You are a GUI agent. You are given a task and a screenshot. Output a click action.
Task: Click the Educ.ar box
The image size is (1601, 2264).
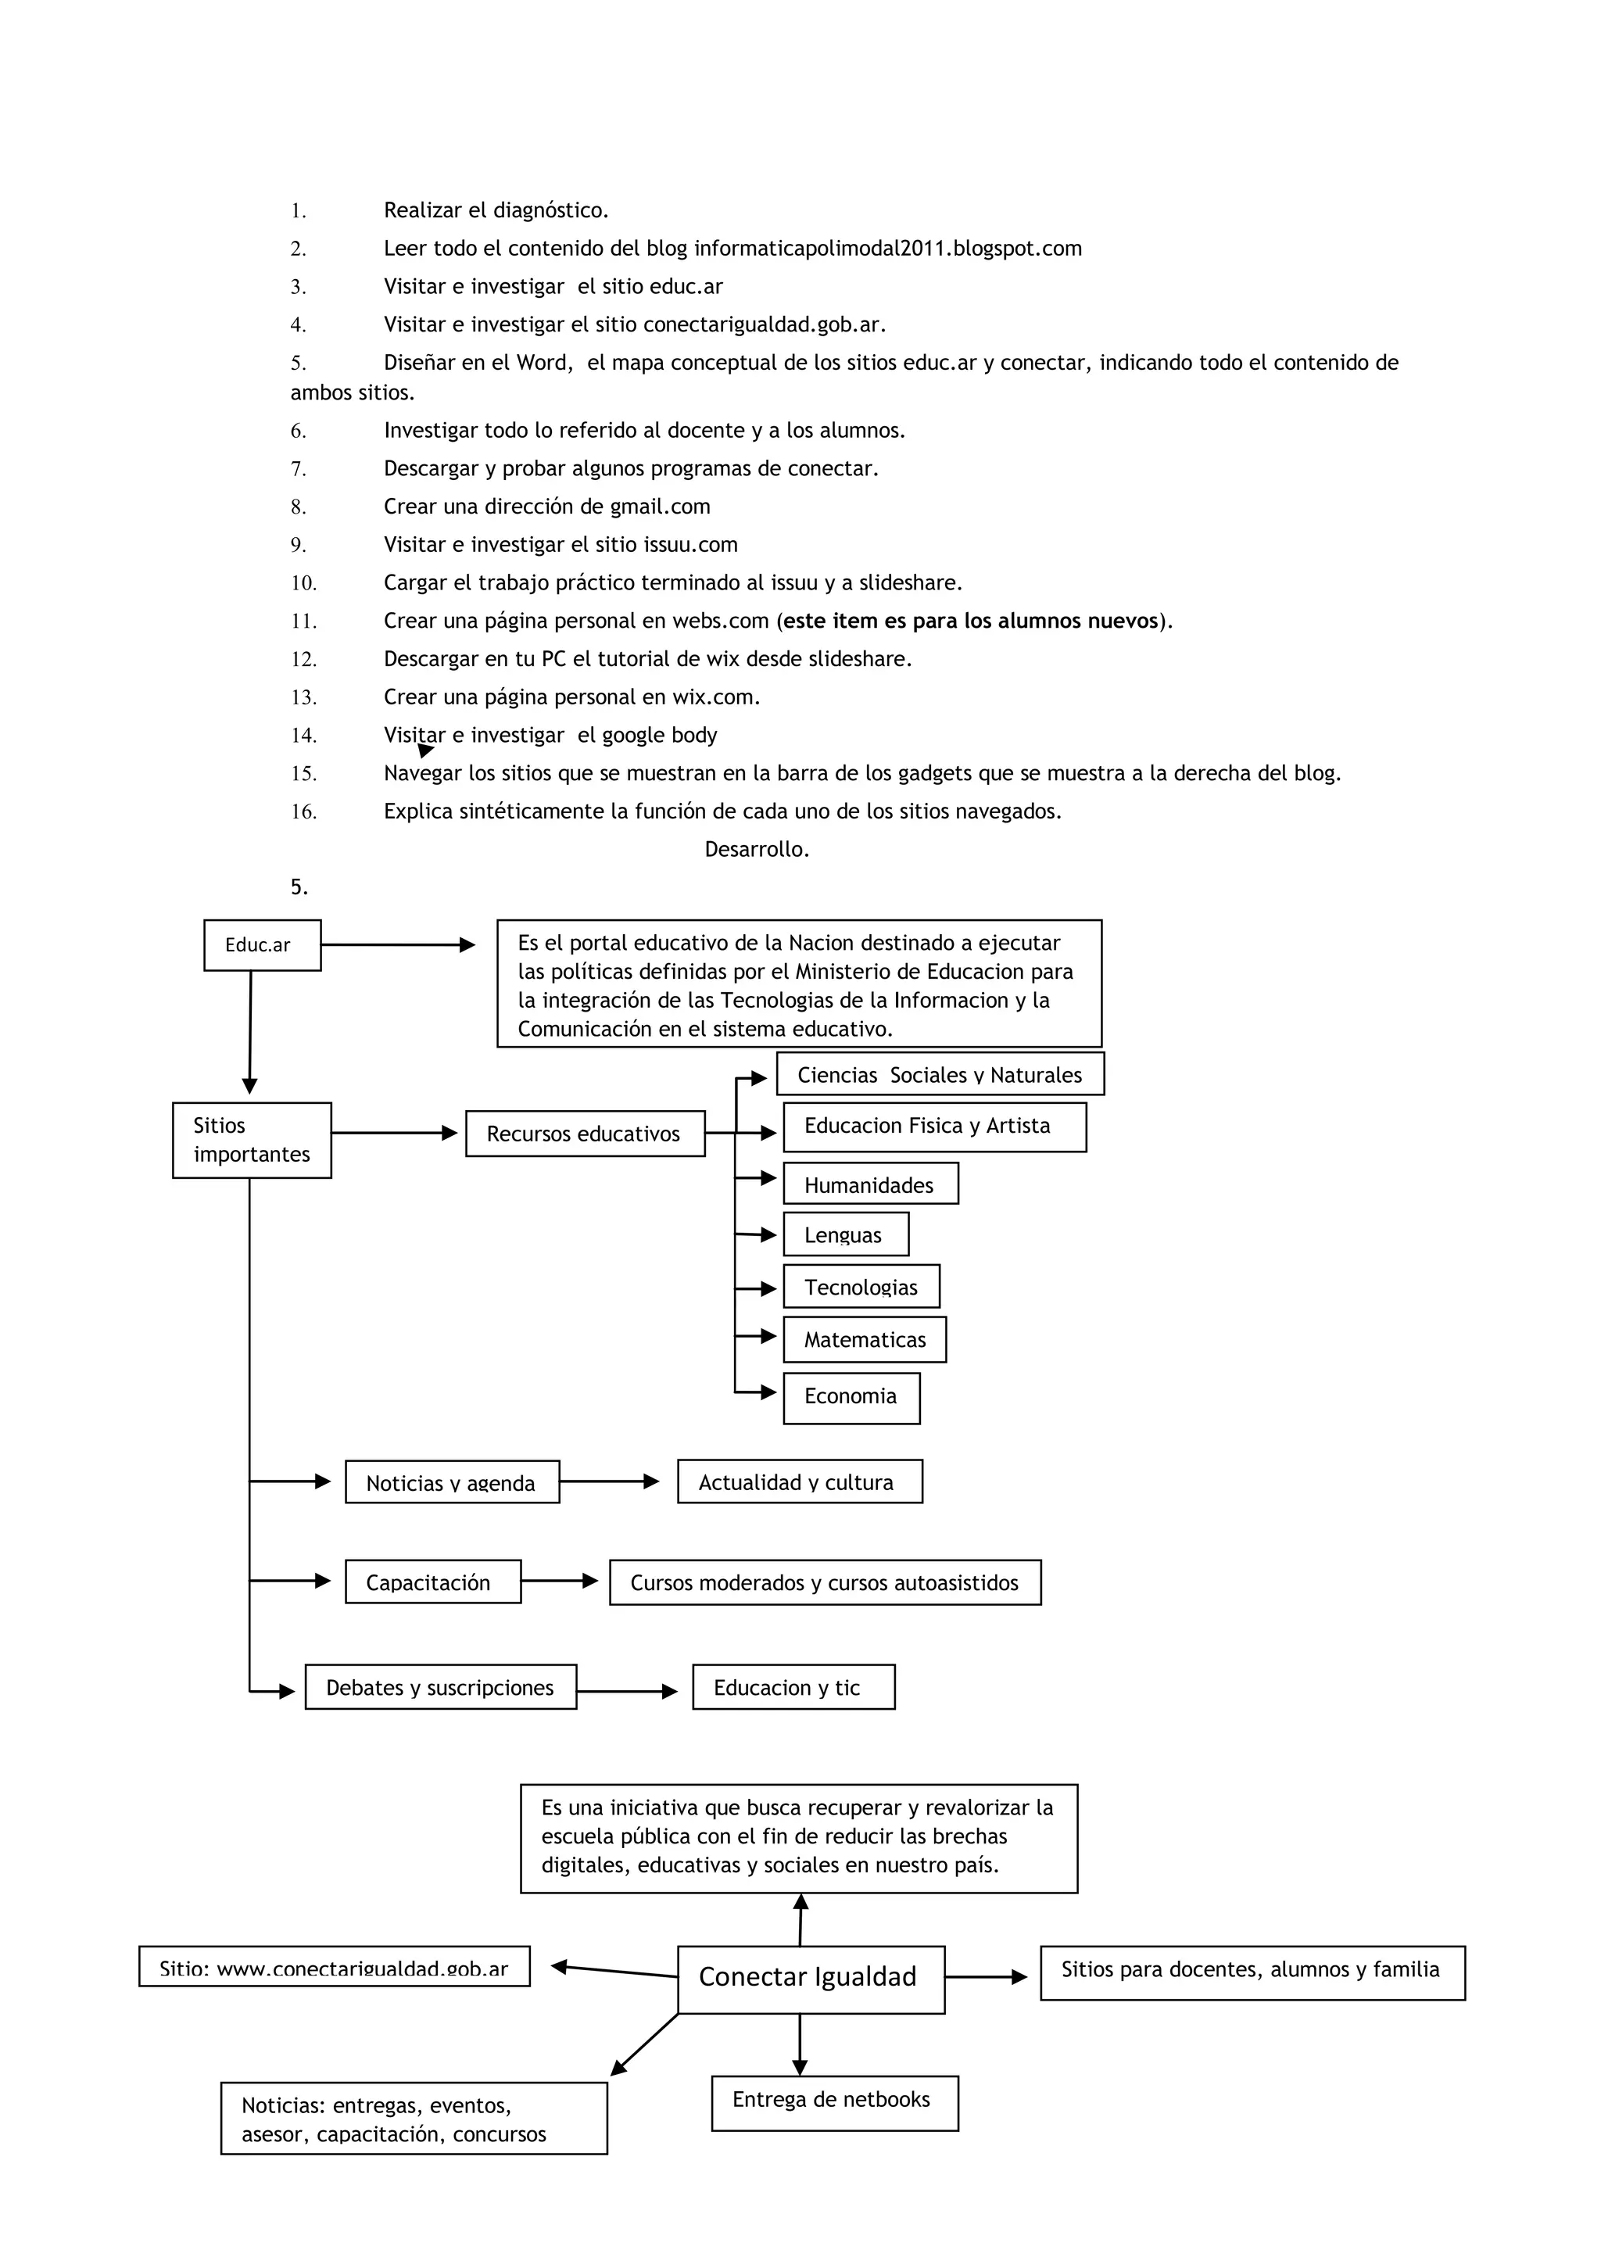coord(262,944)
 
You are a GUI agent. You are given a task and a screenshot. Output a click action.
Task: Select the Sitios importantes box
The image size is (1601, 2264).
coord(252,1140)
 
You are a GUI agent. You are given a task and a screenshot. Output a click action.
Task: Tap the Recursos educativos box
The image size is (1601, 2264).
coord(585,1134)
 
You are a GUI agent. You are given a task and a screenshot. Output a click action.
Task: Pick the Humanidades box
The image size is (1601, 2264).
coord(869,1184)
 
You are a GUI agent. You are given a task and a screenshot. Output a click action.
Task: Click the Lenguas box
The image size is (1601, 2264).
coord(845,1234)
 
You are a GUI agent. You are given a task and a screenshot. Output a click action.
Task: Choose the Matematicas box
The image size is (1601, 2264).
coord(865,1339)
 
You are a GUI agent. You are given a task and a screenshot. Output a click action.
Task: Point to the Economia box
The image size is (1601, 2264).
coord(851,1397)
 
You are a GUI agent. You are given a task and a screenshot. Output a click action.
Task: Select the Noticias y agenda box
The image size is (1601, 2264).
coord(452,1482)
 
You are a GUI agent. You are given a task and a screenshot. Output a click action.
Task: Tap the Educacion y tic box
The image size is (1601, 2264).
coord(793,1687)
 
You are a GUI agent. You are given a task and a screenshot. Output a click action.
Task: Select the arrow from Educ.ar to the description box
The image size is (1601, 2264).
coord(397,944)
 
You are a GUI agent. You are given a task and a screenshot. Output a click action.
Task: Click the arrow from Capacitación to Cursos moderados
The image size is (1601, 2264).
coord(559,1581)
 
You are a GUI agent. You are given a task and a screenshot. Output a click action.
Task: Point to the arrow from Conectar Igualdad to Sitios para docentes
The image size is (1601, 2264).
coord(985,1976)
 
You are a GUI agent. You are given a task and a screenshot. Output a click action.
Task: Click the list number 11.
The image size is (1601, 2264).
coord(303,622)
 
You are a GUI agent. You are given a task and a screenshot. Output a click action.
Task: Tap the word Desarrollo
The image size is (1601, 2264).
coord(756,849)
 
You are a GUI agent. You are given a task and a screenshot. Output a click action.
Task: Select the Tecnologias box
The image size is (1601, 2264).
coord(861,1287)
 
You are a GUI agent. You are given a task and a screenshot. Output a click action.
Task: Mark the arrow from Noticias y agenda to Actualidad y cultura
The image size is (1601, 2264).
coord(608,1481)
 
